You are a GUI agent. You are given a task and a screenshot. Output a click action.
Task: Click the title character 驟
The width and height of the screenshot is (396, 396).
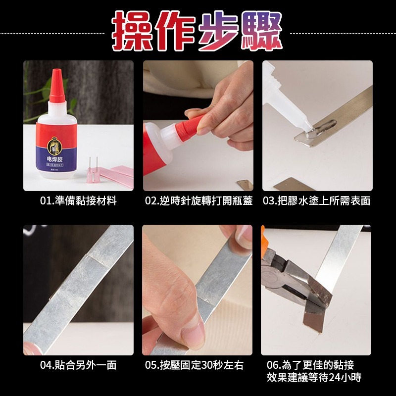click(263, 31)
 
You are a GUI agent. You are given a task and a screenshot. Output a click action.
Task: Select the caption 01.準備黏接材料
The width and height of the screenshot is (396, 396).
click(78, 201)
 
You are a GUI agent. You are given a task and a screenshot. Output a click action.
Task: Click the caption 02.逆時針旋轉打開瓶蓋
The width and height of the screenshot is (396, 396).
click(198, 201)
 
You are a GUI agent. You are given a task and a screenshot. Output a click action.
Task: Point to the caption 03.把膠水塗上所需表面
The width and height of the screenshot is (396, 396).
click(317, 201)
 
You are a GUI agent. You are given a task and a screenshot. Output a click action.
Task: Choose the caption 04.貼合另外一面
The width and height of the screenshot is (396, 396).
click(78, 365)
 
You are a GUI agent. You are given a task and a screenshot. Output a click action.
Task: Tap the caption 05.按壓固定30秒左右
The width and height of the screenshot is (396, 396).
click(197, 365)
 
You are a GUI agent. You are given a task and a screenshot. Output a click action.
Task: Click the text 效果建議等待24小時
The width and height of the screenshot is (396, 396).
click(314, 378)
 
